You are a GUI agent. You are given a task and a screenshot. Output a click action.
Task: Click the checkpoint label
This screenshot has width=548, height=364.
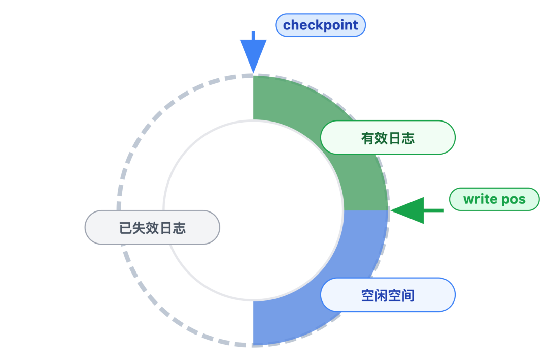point(320,25)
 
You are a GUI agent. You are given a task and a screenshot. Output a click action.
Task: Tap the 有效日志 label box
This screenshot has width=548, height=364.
point(388,137)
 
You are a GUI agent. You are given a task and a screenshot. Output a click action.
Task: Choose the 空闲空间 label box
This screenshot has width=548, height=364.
point(388,295)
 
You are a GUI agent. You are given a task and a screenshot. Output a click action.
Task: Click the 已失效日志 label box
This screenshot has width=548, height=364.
point(152,227)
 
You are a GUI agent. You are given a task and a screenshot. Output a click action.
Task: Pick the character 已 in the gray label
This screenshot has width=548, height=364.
point(126,228)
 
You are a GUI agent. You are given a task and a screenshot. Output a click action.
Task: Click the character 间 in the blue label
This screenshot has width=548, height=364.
point(408,295)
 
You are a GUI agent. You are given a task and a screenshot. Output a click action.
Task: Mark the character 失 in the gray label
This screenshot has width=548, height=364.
point(139,228)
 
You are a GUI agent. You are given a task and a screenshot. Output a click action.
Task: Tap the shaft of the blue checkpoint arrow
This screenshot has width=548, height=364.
point(253,36)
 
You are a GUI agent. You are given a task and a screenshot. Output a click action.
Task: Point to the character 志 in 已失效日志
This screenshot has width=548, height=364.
point(179,228)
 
